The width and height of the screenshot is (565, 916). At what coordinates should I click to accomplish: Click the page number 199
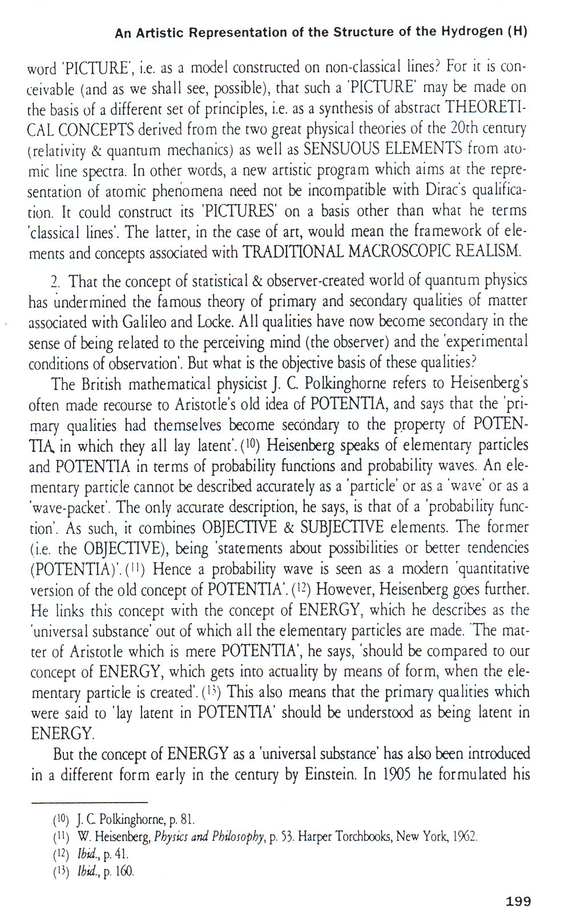click(518, 901)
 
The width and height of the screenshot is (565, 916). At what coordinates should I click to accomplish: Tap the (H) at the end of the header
click(517, 32)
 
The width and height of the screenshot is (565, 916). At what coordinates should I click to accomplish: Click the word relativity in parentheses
click(59, 150)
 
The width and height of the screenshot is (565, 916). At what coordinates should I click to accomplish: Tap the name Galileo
click(144, 322)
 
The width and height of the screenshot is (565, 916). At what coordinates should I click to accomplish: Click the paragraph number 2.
click(55, 282)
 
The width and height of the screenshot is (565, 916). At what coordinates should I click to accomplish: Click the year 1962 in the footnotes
click(465, 837)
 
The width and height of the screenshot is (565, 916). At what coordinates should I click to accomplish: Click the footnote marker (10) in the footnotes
click(61, 820)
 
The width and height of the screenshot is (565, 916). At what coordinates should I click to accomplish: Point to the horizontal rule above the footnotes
click(90, 802)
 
